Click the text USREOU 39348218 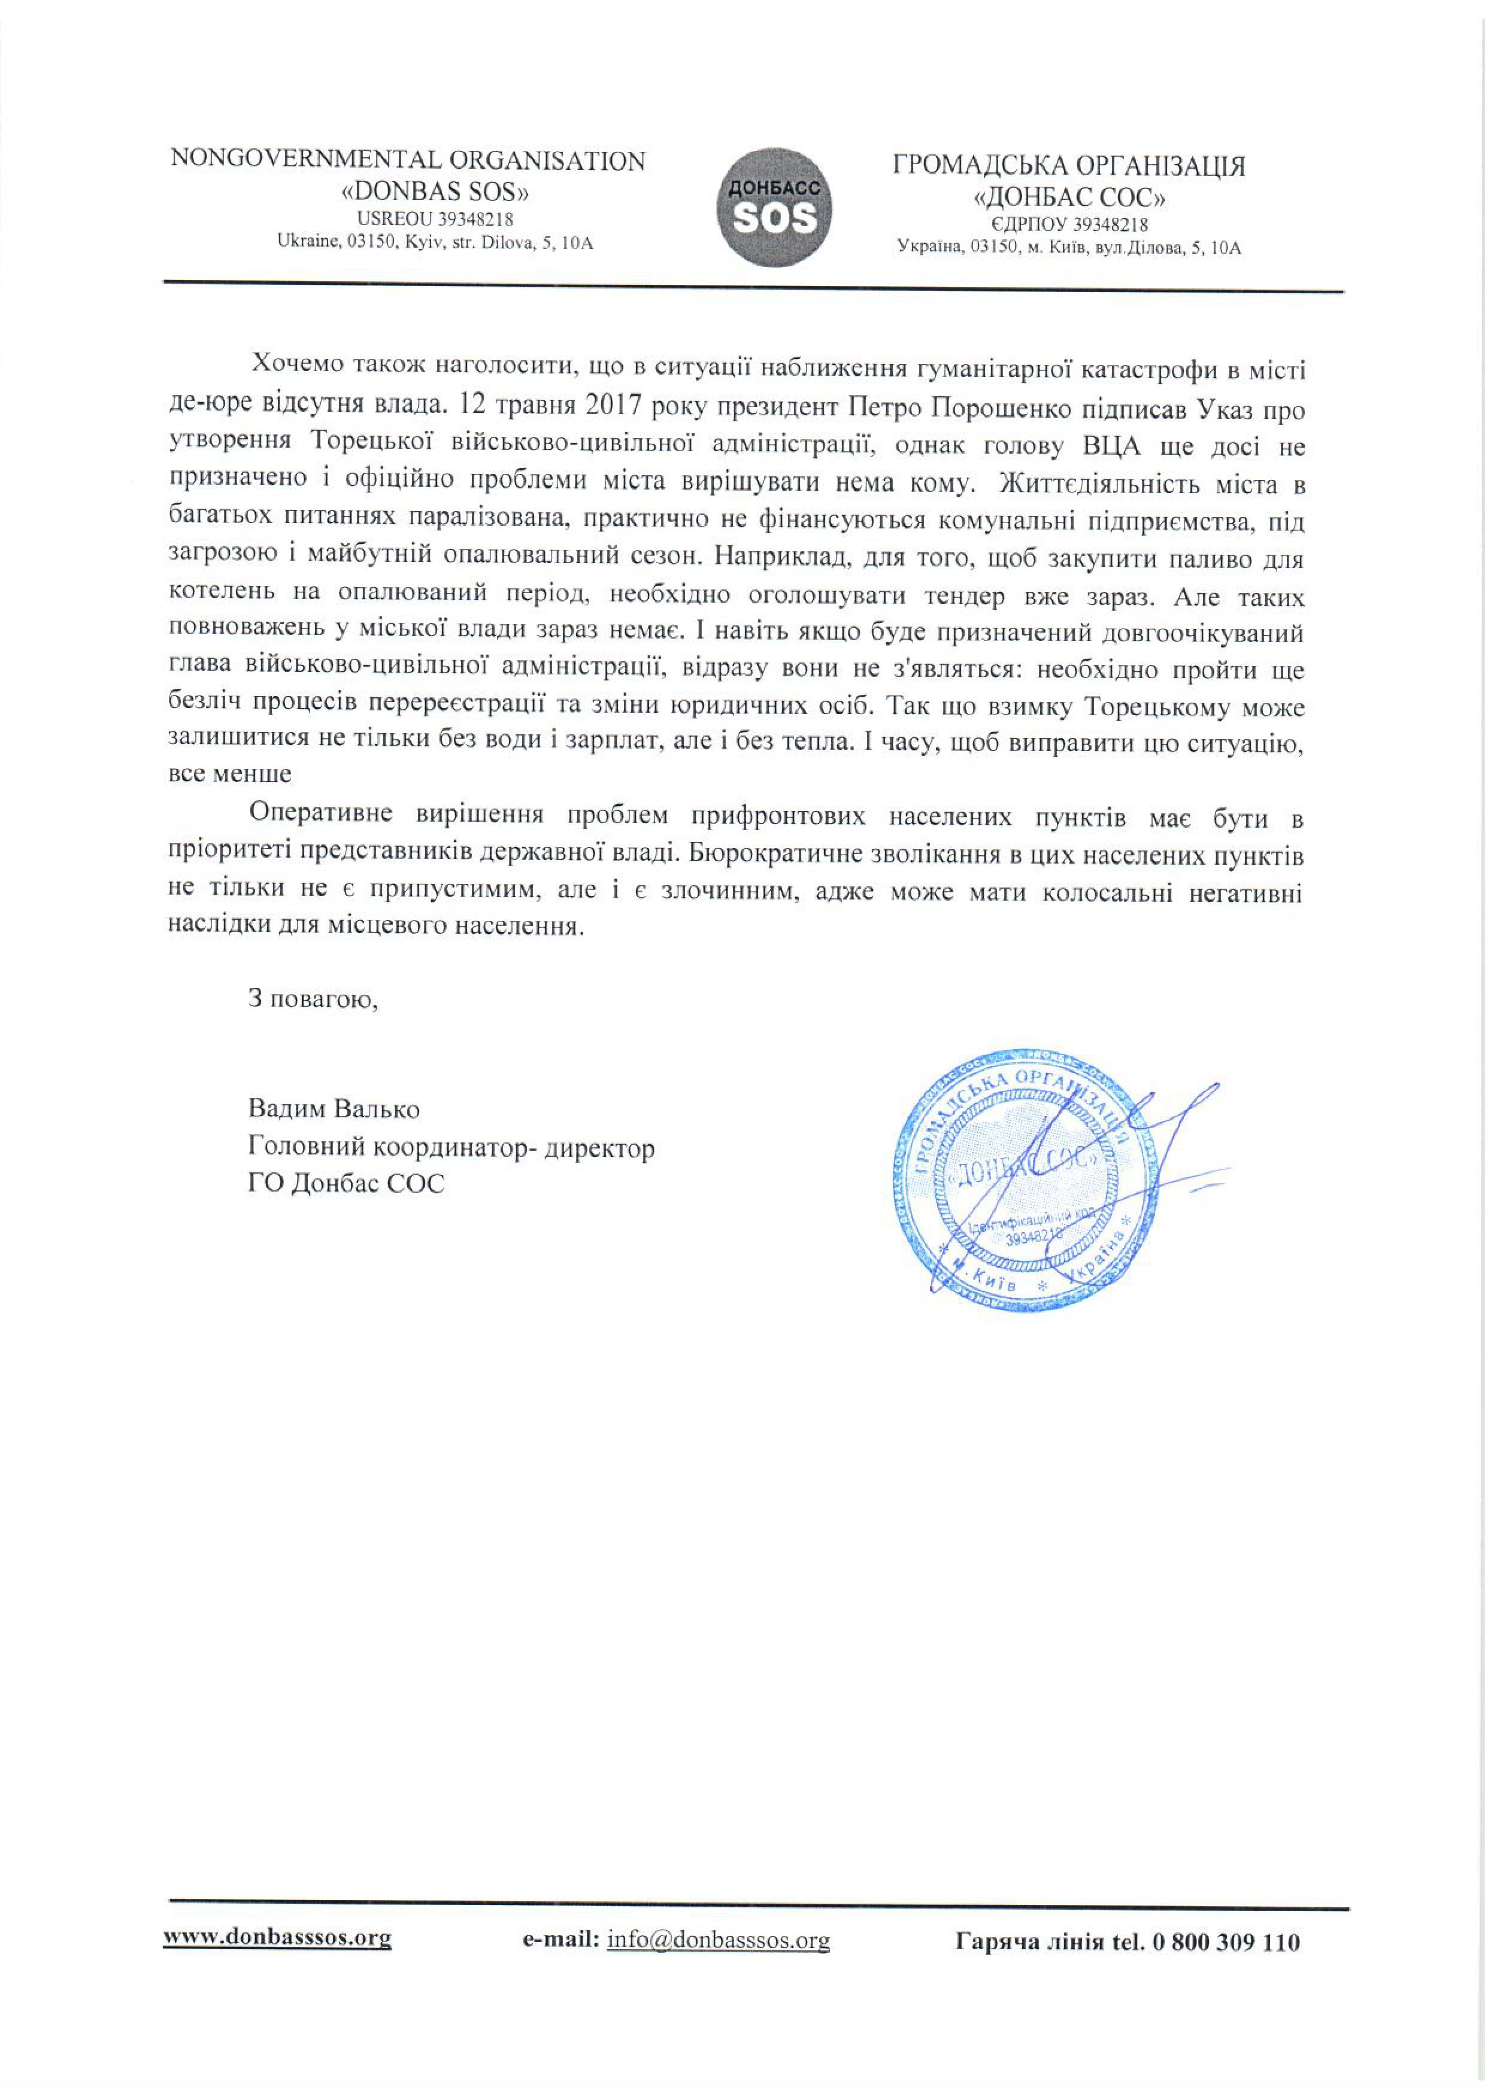pos(435,220)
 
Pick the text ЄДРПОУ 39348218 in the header pos(1069,225)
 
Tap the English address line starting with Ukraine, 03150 pos(435,244)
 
